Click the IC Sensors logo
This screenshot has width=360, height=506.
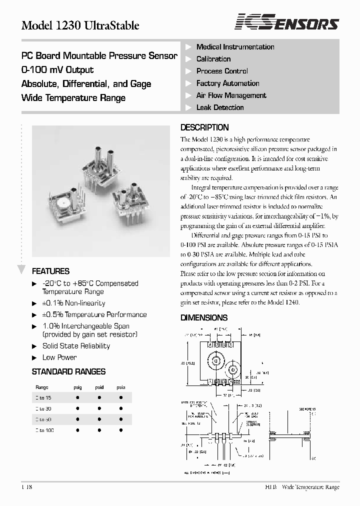[x=287, y=22]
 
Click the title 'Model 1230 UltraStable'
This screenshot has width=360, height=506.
[x=80, y=25]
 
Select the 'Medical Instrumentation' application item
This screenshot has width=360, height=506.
[x=235, y=47]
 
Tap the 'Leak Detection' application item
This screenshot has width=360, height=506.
[x=220, y=107]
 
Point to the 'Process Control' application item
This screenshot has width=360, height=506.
[x=222, y=71]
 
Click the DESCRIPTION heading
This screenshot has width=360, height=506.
[x=204, y=127]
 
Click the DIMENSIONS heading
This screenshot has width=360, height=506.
[x=203, y=317]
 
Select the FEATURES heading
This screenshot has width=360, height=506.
[x=50, y=271]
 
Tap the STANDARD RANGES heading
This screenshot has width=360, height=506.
[x=68, y=371]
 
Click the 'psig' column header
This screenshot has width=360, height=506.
[x=78, y=387]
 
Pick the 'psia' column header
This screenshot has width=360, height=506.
[x=121, y=387]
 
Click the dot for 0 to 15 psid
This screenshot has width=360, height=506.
[x=99, y=397]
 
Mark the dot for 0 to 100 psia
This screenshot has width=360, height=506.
[x=121, y=430]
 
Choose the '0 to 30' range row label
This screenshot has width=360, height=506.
[x=44, y=408]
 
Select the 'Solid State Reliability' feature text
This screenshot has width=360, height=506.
[x=76, y=346]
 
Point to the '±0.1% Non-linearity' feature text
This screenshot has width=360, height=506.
[x=73, y=303]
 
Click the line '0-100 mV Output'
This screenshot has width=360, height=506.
[x=57, y=70]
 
